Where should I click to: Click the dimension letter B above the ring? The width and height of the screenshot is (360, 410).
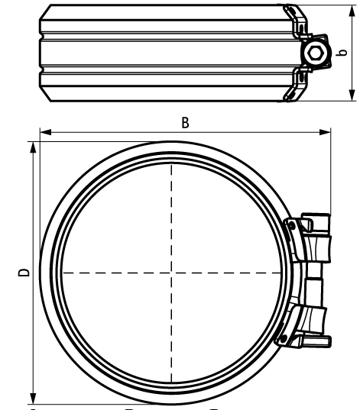point(186,122)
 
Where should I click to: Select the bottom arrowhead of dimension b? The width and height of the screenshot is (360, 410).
point(352,95)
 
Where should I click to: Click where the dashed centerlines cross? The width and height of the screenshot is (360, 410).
point(171,273)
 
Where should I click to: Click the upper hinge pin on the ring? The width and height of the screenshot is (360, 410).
point(290,224)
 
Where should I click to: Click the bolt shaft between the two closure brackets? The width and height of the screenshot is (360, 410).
point(313,282)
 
